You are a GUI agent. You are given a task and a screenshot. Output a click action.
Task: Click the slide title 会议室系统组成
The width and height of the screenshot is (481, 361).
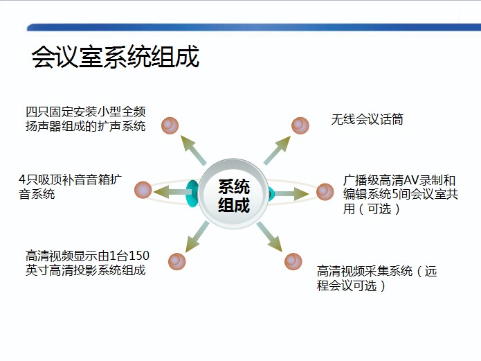click(116, 57)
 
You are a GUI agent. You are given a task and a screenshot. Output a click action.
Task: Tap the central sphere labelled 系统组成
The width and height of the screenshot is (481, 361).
click(233, 194)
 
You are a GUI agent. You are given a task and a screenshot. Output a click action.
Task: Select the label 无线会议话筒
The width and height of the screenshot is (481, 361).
click(367, 119)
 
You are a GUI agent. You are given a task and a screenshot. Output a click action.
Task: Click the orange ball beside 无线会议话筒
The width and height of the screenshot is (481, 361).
click(300, 125)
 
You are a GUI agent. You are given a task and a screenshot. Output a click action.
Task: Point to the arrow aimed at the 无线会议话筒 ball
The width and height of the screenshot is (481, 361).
click(277, 150)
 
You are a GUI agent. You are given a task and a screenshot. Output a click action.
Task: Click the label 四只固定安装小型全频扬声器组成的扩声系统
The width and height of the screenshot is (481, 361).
click(86, 119)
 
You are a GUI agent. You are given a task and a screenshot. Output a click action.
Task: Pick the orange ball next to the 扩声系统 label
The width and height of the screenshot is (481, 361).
click(170, 125)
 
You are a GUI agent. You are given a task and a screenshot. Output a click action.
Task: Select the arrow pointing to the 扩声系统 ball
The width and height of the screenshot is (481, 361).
click(193, 150)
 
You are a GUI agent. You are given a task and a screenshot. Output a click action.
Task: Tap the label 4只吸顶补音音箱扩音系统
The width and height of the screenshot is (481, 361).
click(71, 186)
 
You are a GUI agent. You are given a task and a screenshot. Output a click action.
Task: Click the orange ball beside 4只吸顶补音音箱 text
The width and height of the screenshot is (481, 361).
click(143, 190)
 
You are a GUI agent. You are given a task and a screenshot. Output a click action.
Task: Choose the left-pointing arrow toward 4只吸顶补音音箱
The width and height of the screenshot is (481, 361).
click(173, 192)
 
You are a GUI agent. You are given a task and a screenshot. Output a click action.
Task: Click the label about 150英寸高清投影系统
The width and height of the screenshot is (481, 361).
click(87, 263)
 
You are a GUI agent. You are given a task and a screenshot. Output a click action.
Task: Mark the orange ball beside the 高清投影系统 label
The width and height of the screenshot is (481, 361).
click(177, 261)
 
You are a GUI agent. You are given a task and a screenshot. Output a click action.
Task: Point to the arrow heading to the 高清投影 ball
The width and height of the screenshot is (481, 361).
click(197, 237)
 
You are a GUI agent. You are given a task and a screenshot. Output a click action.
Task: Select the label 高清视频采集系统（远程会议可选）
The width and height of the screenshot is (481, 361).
click(376, 279)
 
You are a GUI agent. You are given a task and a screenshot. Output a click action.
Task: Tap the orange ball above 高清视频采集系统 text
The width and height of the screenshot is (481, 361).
click(293, 261)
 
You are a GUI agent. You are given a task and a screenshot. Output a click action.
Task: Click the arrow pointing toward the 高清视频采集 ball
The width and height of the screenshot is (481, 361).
click(269, 236)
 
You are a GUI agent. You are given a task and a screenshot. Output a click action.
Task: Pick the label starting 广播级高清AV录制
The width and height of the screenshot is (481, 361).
click(400, 194)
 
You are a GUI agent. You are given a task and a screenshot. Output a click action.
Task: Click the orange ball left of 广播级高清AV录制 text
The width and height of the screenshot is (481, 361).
click(325, 192)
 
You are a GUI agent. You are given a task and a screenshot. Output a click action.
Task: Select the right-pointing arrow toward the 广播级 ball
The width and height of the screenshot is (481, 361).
click(291, 193)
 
